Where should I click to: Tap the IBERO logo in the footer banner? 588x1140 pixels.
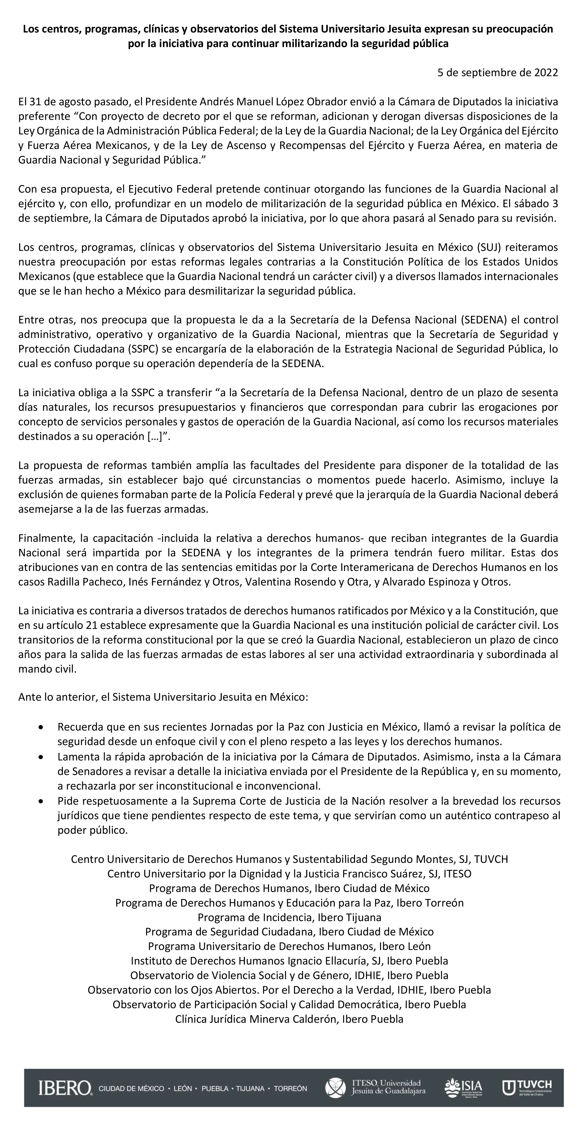(x=65, y=1088)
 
